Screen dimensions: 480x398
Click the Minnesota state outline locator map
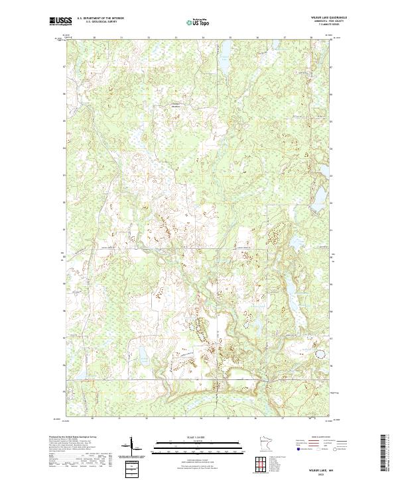coord(262,442)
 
